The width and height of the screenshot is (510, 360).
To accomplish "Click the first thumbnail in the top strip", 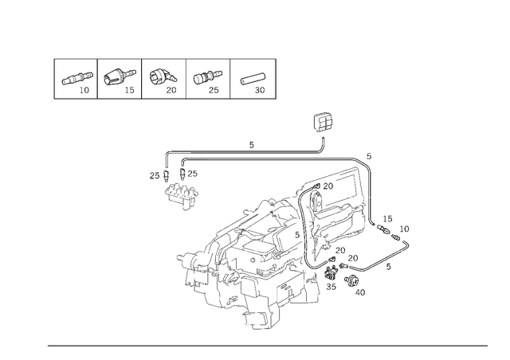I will click(77, 78).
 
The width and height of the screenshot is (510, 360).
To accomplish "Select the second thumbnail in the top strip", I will click(120, 78).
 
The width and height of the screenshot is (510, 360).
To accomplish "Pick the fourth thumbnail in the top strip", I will click(206, 78).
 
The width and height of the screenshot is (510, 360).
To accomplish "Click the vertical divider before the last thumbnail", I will click(229, 78).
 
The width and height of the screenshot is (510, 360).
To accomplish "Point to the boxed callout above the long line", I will click(323, 123).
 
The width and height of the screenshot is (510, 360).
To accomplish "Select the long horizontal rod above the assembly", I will click(263, 157).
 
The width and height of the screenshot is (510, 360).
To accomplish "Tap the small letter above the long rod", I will click(250, 145).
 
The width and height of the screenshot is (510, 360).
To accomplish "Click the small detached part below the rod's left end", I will click(182, 191).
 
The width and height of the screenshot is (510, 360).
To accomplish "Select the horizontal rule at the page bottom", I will click(267, 345).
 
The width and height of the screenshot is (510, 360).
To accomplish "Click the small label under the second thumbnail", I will click(129, 92).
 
